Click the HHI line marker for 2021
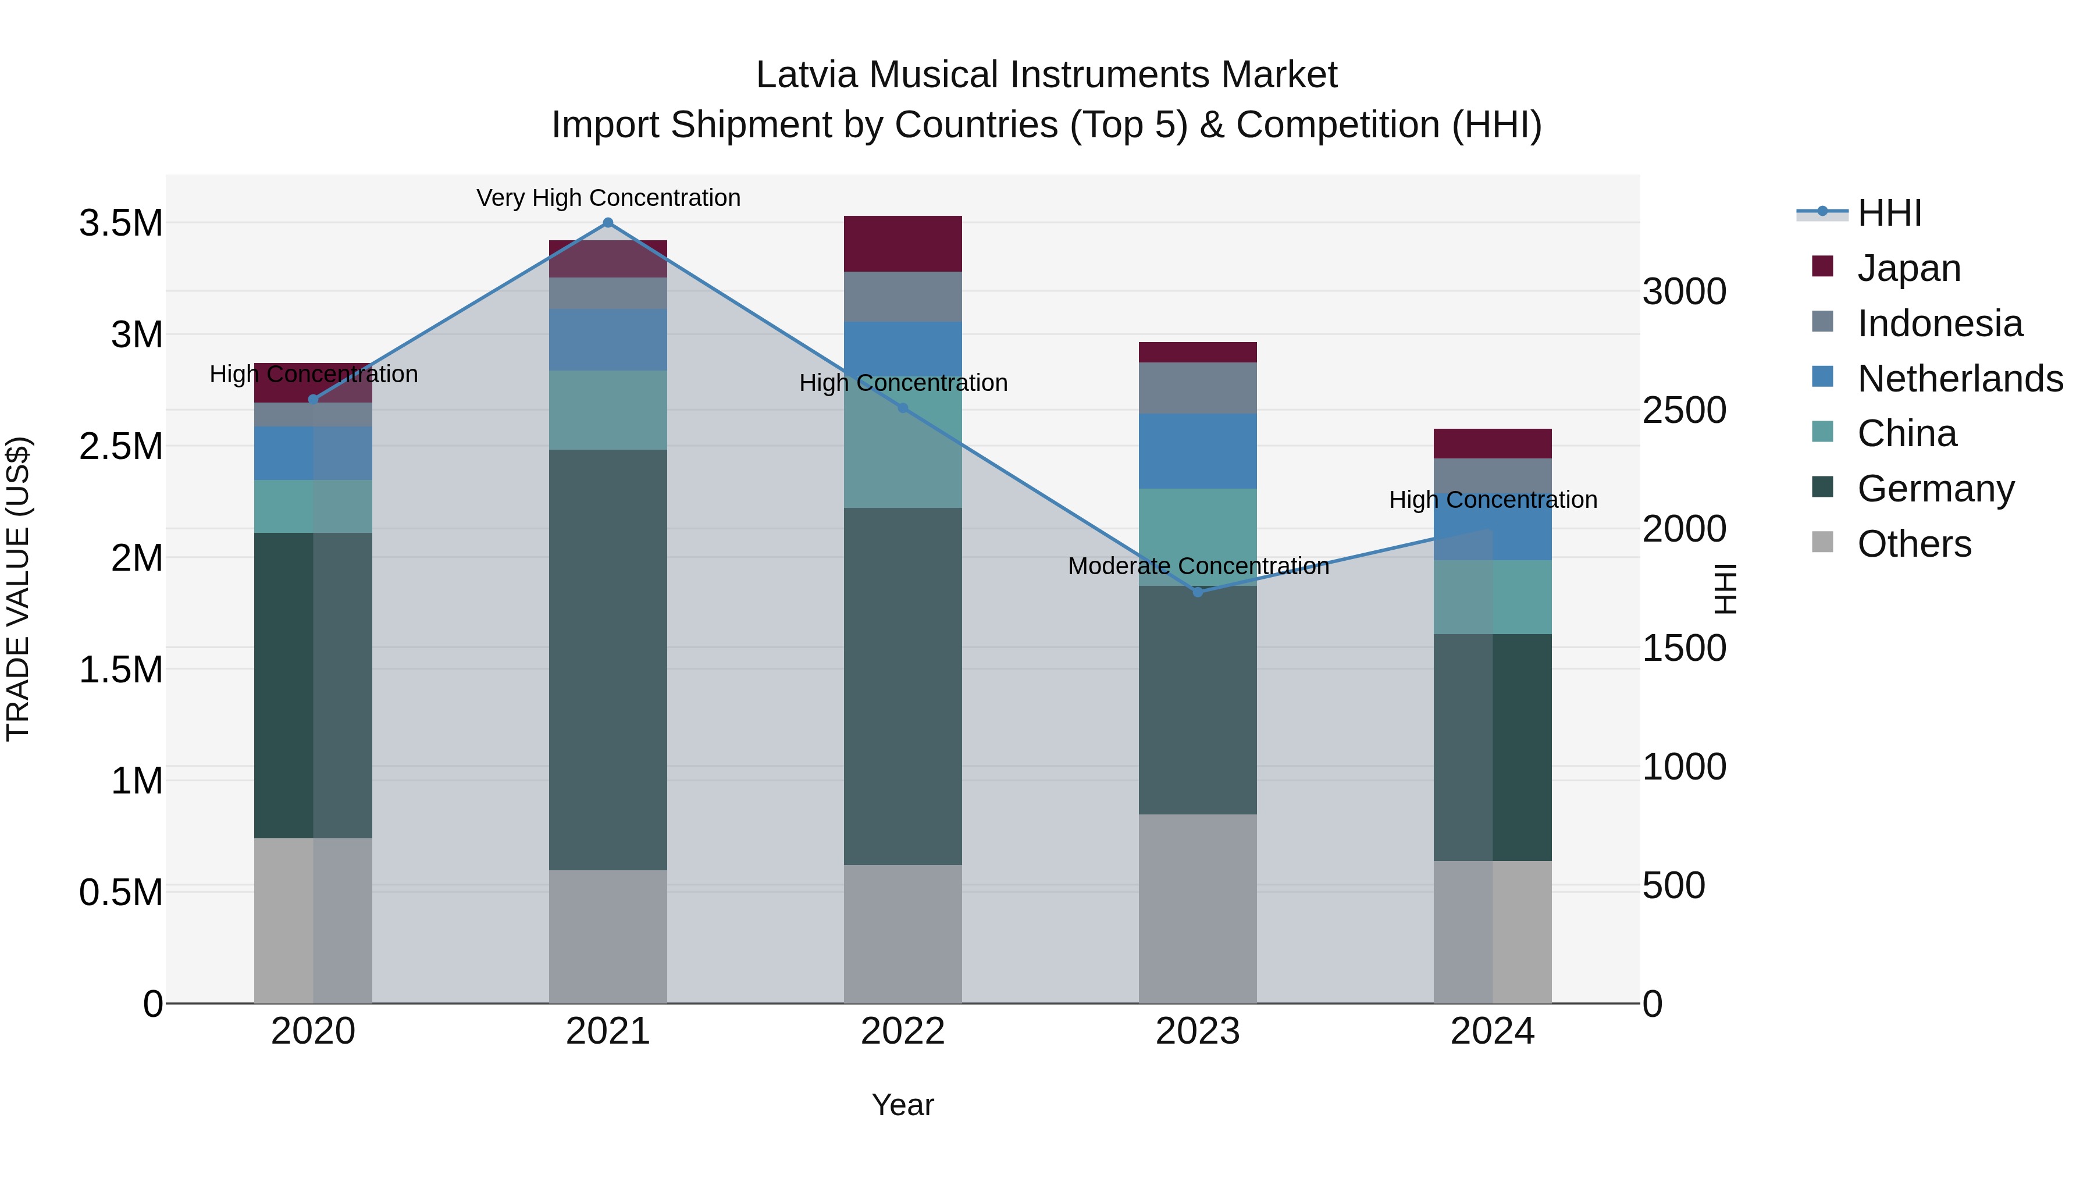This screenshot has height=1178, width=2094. pyautogui.click(x=608, y=223)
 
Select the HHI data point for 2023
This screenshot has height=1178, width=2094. pyautogui.click(x=1198, y=592)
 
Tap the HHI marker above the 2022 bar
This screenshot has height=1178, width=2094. pyautogui.click(x=902, y=408)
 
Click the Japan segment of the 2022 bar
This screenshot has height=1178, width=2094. pyautogui.click(x=902, y=244)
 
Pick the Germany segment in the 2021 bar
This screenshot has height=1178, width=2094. pyautogui.click(x=608, y=659)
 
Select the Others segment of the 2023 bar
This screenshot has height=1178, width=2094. pyautogui.click(x=1198, y=908)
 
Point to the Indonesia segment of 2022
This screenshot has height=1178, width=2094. pyautogui.click(x=902, y=297)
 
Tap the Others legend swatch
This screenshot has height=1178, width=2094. pyautogui.click(x=1822, y=542)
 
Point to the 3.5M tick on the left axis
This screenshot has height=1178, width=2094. pyautogui.click(x=121, y=223)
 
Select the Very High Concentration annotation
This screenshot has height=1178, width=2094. pyautogui.click(x=608, y=198)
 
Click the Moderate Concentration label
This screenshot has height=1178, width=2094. pyautogui.click(x=1198, y=566)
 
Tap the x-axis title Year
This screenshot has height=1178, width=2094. pyautogui.click(x=902, y=1105)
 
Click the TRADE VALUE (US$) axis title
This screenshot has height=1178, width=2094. pyautogui.click(x=18, y=589)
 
